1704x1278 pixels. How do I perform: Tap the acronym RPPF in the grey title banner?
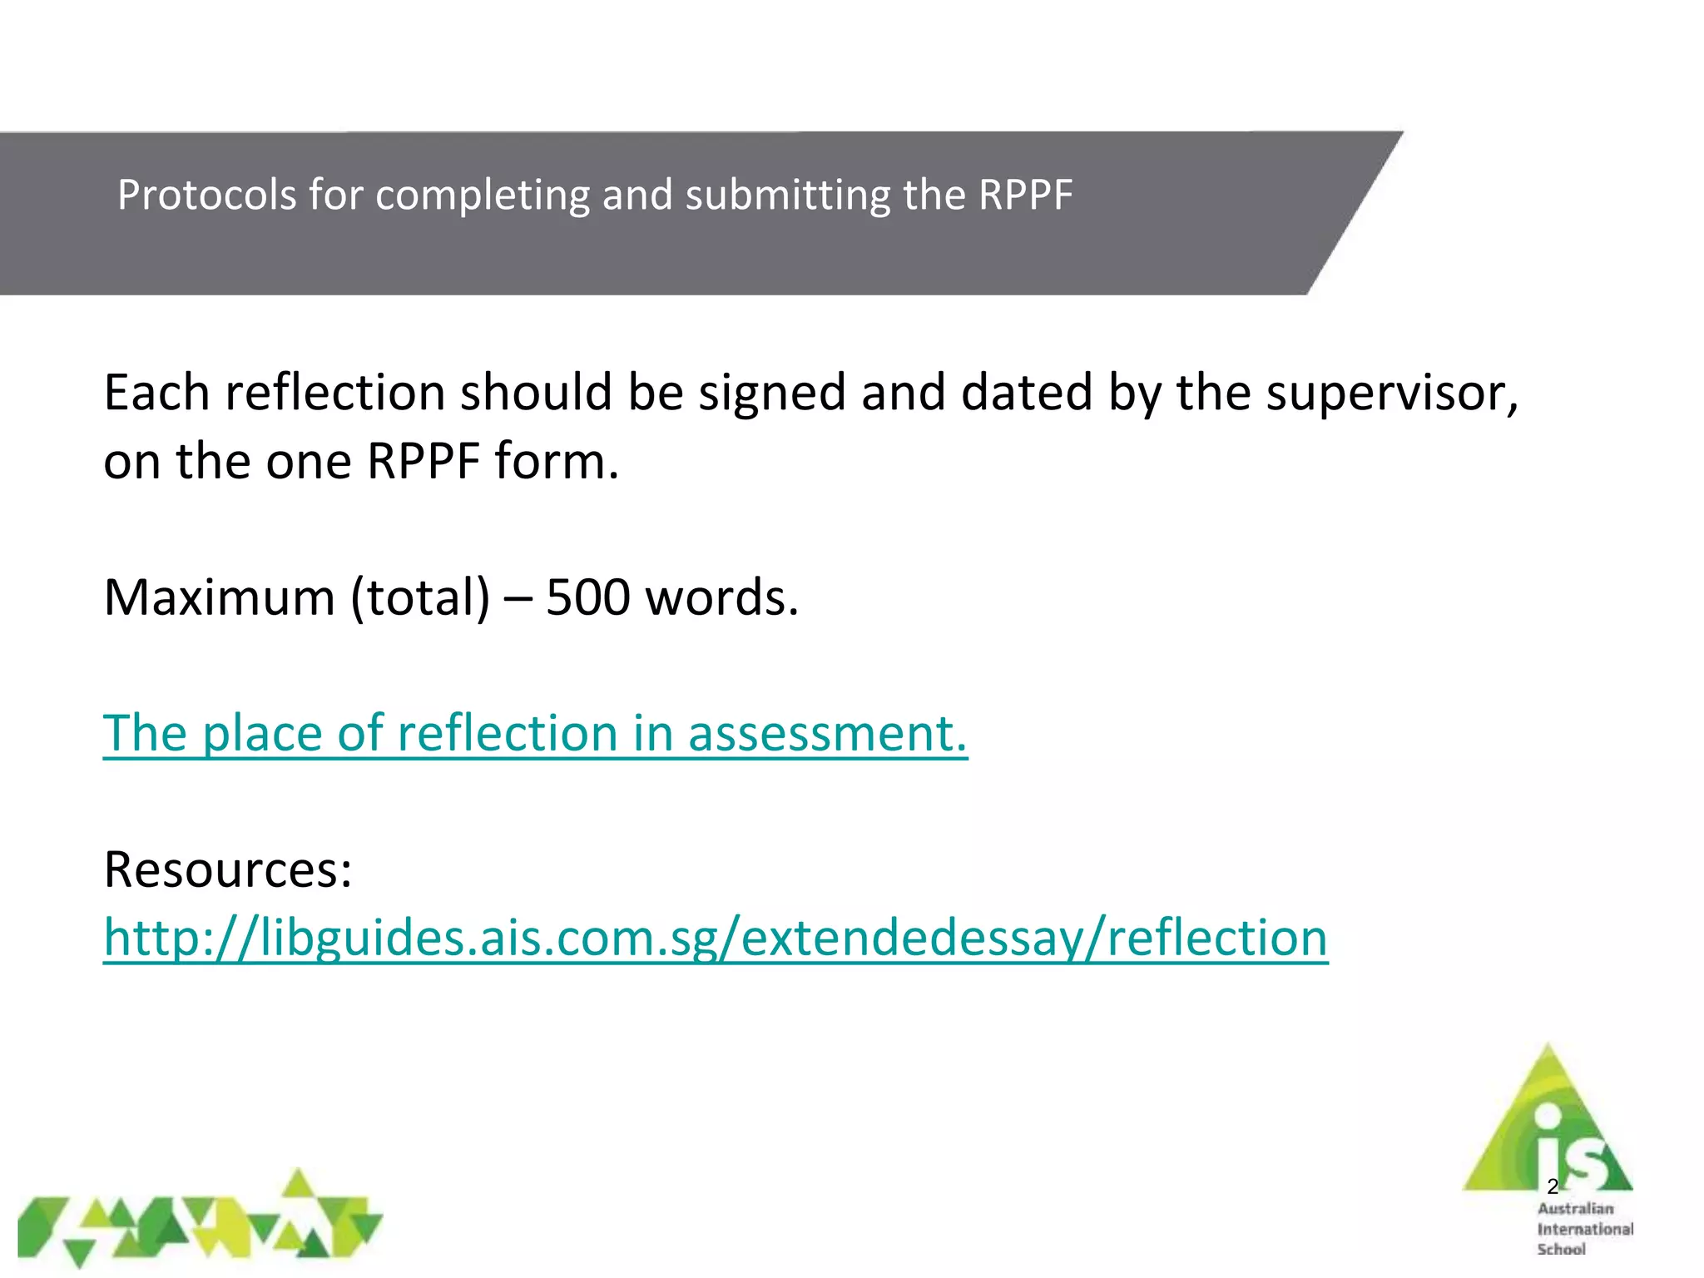[1025, 196]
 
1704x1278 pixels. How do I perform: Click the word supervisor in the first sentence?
[1391, 393]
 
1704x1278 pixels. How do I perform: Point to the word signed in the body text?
[771, 393]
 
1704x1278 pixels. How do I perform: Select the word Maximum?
[219, 597]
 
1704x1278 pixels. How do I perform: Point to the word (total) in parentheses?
[421, 597]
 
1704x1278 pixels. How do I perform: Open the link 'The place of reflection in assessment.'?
[535, 734]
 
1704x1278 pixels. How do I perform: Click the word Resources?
[228, 870]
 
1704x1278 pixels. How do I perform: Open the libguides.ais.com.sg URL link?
[716, 939]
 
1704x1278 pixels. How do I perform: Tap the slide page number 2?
[1553, 1186]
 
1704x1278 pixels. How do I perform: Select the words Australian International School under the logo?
[1584, 1229]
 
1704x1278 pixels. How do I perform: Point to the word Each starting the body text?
[156, 393]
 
